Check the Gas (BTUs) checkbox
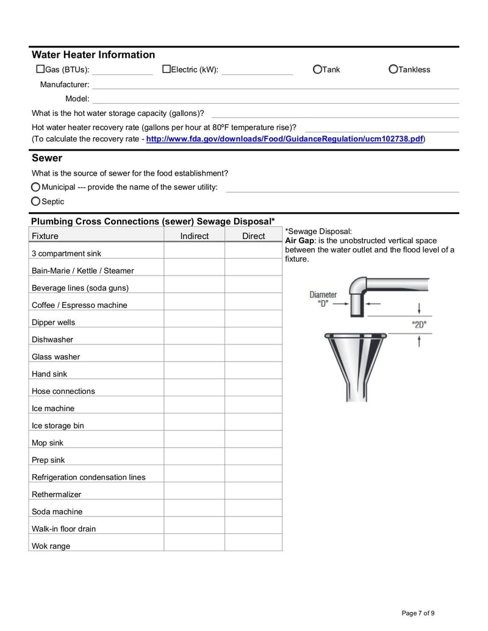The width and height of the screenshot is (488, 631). tap(40, 70)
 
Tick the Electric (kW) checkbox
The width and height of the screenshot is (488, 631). tap(166, 70)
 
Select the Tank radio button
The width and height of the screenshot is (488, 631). tap(317, 70)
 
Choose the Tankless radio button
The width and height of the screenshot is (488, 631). tap(393, 70)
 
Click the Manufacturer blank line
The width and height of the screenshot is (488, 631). tap(274, 85)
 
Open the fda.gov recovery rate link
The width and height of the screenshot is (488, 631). tap(285, 139)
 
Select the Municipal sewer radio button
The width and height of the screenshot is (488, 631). tap(36, 187)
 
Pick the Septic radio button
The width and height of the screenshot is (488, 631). tap(36, 202)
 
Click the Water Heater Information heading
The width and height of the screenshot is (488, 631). tap(93, 55)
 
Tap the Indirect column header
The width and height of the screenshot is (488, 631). tap(194, 236)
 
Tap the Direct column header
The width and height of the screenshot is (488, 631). tap(253, 236)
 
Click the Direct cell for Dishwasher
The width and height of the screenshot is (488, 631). tap(253, 340)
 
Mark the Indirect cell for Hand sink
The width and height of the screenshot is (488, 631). tap(194, 374)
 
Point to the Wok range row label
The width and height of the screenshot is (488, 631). tap(51, 546)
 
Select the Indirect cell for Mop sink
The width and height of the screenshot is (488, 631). tap(194, 443)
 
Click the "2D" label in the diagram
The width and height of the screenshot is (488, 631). tap(419, 324)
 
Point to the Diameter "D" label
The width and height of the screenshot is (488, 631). tap(323, 299)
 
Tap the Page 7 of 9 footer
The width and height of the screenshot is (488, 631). tap(418, 613)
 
